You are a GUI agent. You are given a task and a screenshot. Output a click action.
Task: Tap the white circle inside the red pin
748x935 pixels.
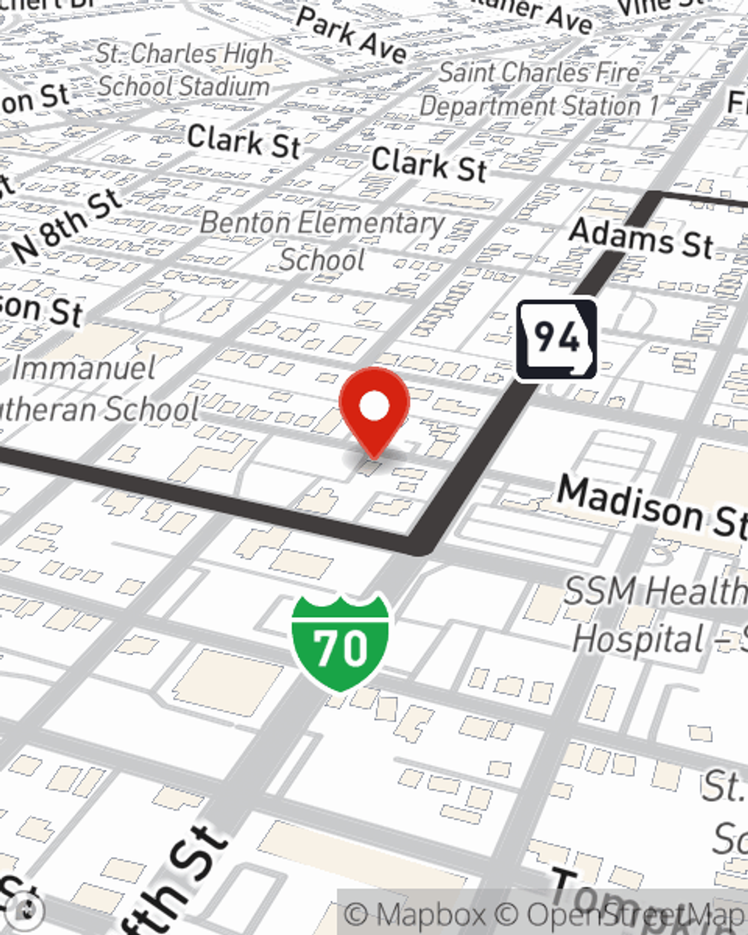tap(374, 407)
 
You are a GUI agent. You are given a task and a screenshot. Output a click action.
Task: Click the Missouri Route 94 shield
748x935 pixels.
tap(557, 340)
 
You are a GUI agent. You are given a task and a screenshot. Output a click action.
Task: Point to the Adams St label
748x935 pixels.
tap(641, 238)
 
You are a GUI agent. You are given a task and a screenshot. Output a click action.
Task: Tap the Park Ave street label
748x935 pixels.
tap(352, 35)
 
